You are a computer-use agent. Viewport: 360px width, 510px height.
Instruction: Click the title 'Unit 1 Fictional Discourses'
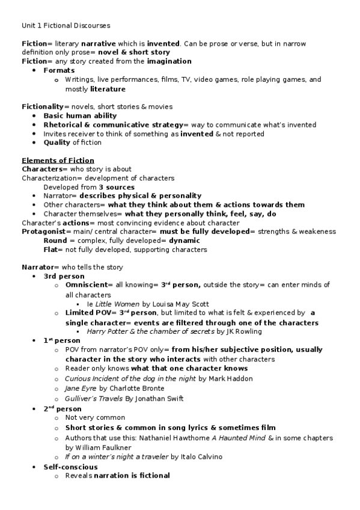coord(66,25)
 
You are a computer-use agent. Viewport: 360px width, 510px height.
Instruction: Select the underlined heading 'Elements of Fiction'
coord(58,161)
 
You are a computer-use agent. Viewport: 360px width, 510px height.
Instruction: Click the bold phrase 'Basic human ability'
coord(80,116)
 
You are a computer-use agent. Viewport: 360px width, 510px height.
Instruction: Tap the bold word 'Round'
coord(55,241)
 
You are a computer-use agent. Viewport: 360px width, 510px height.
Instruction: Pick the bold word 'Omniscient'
coord(88,286)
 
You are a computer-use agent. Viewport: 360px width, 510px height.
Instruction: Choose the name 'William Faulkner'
coord(99,447)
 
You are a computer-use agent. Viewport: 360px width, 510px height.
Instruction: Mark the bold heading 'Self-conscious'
coord(70,467)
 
